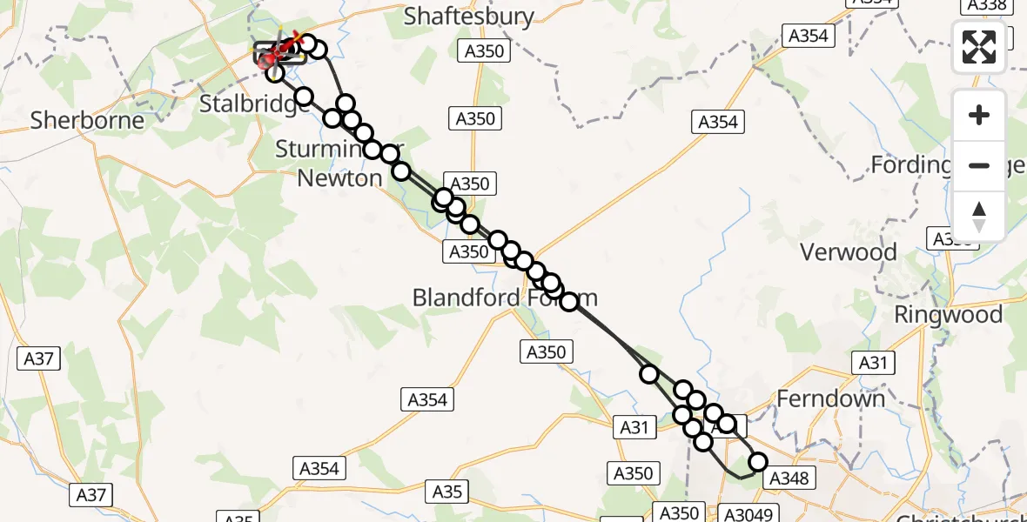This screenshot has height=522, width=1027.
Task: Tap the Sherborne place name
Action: (87, 119)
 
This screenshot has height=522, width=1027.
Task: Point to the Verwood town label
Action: (848, 252)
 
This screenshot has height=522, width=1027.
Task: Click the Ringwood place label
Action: (948, 314)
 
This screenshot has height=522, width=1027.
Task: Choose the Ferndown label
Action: (830, 398)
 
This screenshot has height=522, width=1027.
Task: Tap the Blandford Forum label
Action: (505, 298)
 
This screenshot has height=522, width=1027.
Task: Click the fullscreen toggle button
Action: (979, 47)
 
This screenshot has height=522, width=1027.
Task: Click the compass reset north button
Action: (979, 216)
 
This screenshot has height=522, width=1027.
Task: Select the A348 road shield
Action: (790, 478)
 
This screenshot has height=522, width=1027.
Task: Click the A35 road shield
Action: (447, 492)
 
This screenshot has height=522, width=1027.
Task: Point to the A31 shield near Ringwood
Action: (875, 363)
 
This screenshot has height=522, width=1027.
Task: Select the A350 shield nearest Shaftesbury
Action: (485, 51)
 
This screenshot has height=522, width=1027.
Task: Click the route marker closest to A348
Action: (757, 462)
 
